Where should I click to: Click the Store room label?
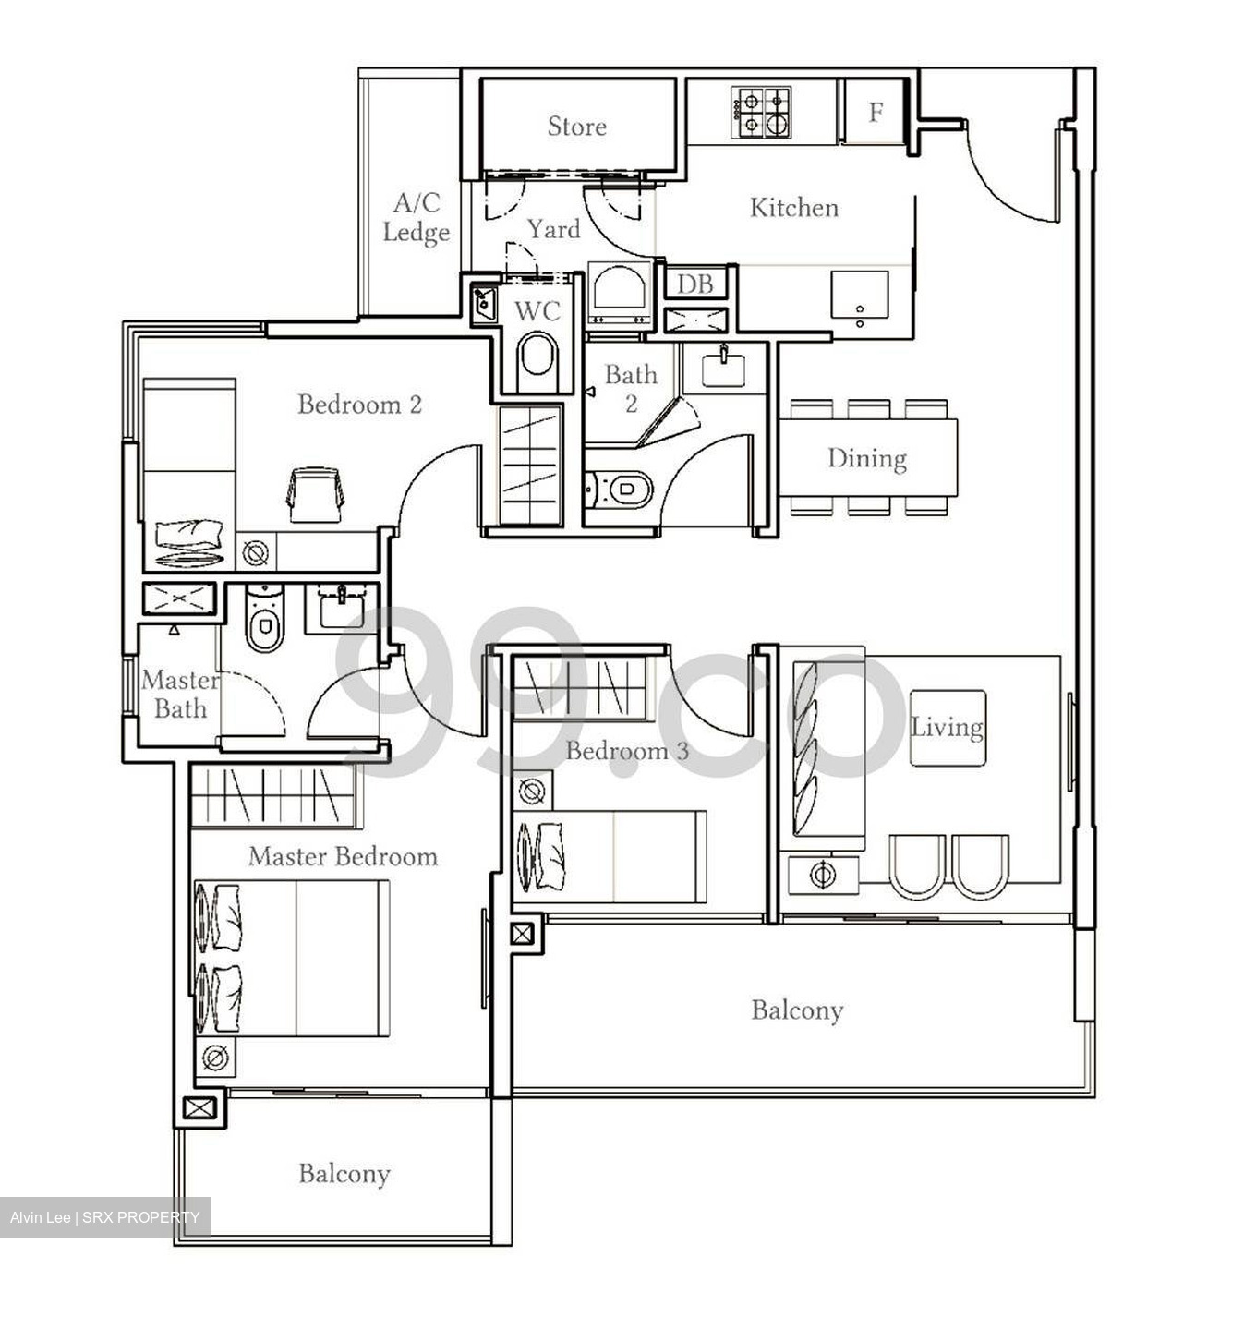pos(576,127)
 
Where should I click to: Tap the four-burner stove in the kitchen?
pos(762,113)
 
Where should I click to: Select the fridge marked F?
pos(876,113)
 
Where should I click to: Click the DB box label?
pos(694,284)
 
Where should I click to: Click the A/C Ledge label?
pos(416,218)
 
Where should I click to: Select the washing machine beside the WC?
pos(620,293)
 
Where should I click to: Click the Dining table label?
pos(866,458)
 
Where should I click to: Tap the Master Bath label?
pos(180,695)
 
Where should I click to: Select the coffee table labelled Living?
pos(948,728)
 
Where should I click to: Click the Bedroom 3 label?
pos(627,751)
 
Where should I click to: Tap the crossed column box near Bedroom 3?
pos(522,935)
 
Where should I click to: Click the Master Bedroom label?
pos(343,857)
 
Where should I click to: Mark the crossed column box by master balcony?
pos(199,1107)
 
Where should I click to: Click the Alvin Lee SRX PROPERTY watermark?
pos(104,1217)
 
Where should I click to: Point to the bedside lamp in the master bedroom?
pos(215,1057)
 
